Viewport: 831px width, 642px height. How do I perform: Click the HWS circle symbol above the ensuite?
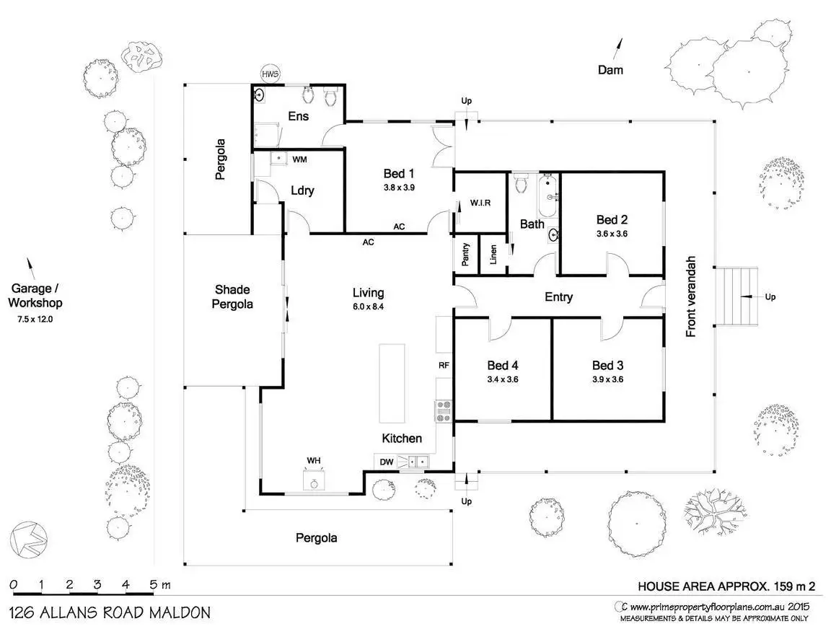(x=271, y=74)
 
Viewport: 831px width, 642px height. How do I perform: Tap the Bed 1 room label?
(x=398, y=173)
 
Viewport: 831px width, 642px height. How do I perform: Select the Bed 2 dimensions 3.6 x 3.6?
(x=612, y=234)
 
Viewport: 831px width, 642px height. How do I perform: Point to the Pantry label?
(x=465, y=254)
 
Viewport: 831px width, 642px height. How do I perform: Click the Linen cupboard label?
(x=493, y=255)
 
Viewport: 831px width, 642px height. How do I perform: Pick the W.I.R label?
(x=480, y=203)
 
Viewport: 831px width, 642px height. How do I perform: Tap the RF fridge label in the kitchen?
(x=444, y=365)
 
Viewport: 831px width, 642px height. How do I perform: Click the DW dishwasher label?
(x=387, y=462)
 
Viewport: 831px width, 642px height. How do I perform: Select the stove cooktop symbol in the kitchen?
(x=444, y=411)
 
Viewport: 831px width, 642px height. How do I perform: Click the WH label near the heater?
(x=313, y=461)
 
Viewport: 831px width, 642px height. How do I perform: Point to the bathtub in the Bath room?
(x=548, y=196)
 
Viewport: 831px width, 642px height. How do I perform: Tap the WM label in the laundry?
(x=299, y=159)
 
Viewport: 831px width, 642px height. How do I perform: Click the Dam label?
(x=610, y=70)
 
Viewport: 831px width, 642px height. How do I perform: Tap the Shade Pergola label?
(x=232, y=297)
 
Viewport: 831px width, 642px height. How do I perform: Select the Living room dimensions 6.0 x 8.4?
(x=368, y=307)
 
